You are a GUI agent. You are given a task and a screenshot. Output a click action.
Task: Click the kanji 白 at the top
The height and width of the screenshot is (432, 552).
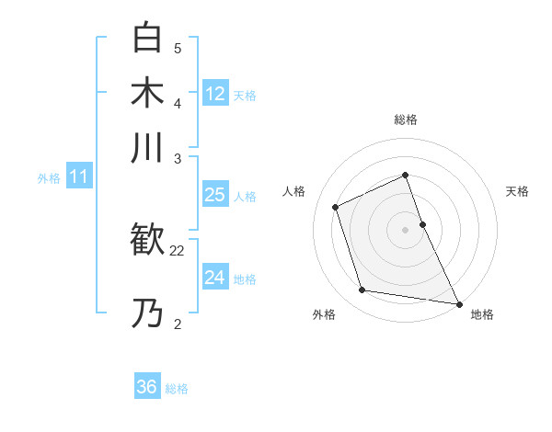(147, 39)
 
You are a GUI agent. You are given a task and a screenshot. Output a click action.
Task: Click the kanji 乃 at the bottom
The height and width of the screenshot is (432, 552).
(147, 313)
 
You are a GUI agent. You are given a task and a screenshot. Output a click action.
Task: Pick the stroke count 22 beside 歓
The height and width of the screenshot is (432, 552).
(178, 249)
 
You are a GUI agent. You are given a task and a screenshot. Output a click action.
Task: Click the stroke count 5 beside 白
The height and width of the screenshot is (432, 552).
(178, 48)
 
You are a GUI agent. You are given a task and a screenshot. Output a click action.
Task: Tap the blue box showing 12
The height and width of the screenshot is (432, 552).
(215, 93)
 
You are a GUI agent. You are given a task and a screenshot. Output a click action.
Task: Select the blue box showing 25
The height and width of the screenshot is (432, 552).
(215, 194)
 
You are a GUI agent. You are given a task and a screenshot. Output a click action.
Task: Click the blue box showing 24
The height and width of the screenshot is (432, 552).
(215, 277)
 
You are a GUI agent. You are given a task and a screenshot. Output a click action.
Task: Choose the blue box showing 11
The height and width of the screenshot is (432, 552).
(78, 177)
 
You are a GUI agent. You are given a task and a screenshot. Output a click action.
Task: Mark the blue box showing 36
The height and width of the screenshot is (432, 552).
(147, 387)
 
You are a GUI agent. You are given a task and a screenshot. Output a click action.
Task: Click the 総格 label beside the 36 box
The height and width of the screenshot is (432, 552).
(177, 389)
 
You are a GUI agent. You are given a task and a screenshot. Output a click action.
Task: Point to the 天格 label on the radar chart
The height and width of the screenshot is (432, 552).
(517, 191)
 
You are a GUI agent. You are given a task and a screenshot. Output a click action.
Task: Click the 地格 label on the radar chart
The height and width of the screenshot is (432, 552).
(482, 314)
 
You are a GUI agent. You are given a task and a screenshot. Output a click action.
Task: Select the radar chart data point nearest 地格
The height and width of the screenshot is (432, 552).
(457, 303)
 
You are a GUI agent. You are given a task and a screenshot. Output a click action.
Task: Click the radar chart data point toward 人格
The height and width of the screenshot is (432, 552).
(336, 207)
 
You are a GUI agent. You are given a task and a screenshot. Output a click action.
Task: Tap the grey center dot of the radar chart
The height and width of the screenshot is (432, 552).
(406, 230)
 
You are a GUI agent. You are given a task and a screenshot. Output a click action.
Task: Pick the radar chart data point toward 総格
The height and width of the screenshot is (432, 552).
(406, 175)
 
